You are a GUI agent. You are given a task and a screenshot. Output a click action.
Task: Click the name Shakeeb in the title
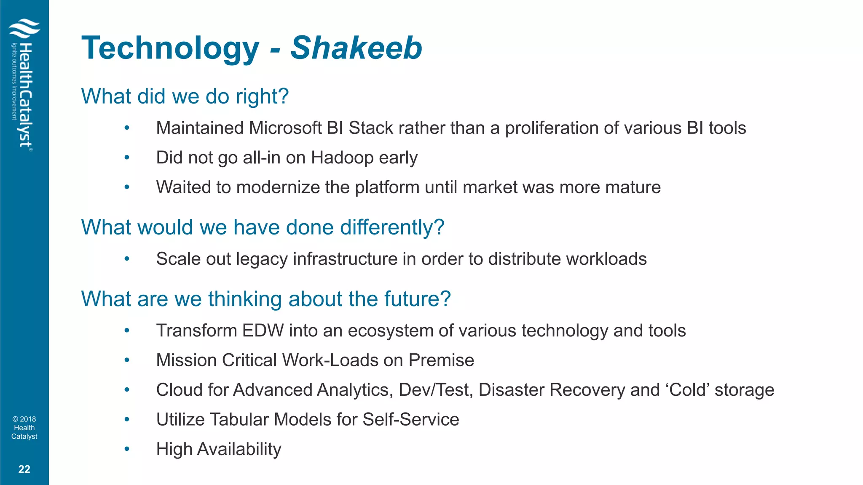tap(356, 48)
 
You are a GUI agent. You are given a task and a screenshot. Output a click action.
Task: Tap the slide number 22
tap(24, 469)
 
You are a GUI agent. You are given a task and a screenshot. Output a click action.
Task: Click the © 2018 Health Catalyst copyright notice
tap(24, 428)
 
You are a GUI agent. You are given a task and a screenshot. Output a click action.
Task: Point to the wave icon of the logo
tap(24, 29)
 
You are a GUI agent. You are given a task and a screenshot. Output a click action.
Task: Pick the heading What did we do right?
tap(185, 96)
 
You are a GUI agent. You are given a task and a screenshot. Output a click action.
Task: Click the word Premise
tap(441, 360)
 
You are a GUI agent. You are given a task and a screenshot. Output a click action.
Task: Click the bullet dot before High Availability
tap(127, 449)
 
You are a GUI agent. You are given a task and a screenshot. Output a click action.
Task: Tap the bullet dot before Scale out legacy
tap(127, 259)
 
